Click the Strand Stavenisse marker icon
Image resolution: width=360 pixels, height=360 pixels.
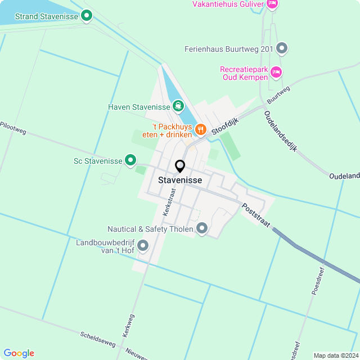coord(86,16)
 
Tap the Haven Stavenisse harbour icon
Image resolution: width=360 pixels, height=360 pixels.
coord(178,106)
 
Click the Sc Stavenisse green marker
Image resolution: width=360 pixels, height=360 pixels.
coord(130,161)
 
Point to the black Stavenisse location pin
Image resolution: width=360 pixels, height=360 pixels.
coord(180,166)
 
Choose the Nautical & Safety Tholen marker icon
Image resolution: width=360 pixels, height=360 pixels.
coord(202,228)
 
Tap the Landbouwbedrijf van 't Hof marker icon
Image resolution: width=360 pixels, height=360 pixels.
coord(143,246)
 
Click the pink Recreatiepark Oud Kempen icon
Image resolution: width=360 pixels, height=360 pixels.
coord(276,72)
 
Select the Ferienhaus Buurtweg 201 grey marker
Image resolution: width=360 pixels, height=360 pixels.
coord(282,49)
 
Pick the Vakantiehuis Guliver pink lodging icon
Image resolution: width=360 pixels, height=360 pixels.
coord(272,4)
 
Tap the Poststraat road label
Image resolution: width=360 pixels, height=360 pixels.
coord(255,214)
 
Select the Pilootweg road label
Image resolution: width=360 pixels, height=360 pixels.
coord(13,127)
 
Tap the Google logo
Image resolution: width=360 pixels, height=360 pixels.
coord(19,353)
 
